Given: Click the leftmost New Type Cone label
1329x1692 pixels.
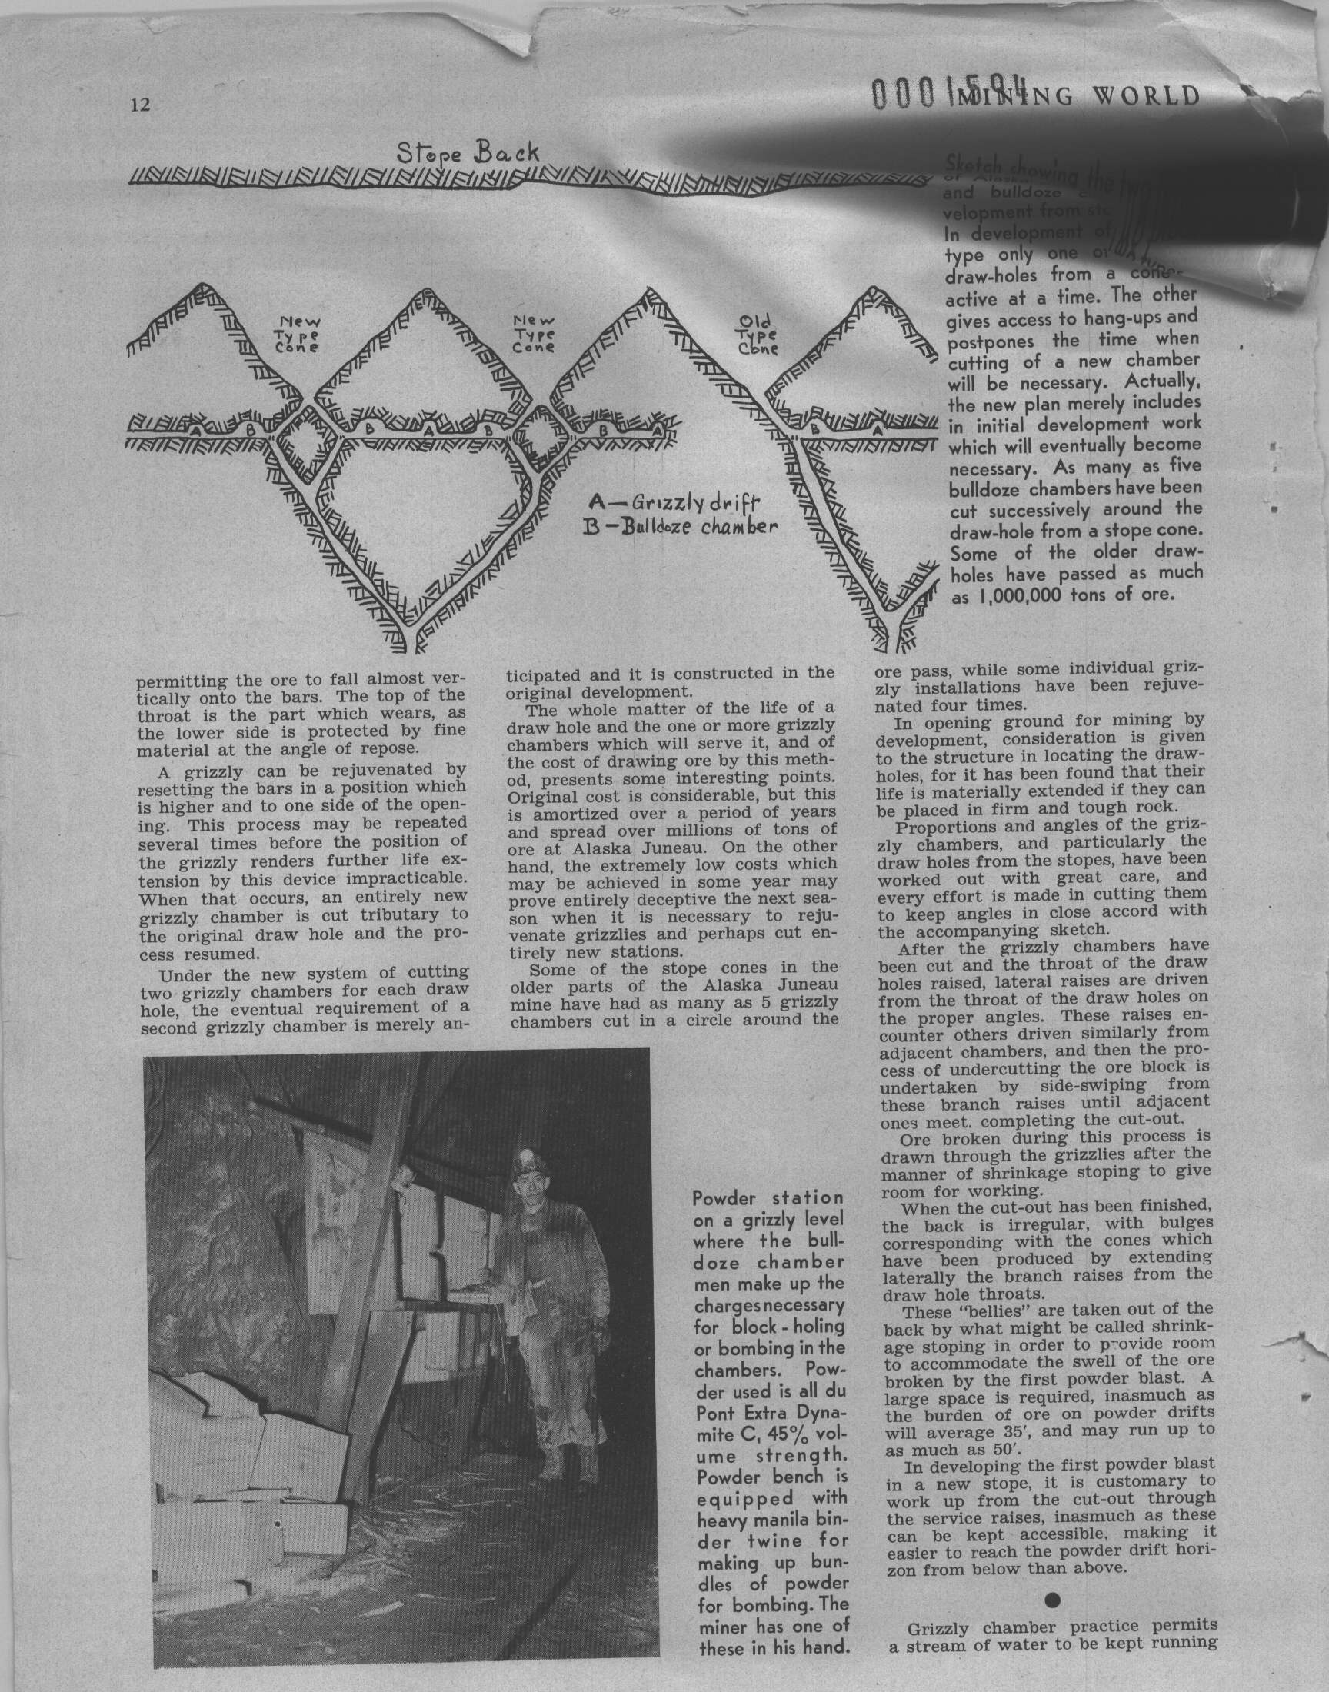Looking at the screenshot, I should click(300, 335).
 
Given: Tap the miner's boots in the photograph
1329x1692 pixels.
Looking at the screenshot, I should click(564, 1464).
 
